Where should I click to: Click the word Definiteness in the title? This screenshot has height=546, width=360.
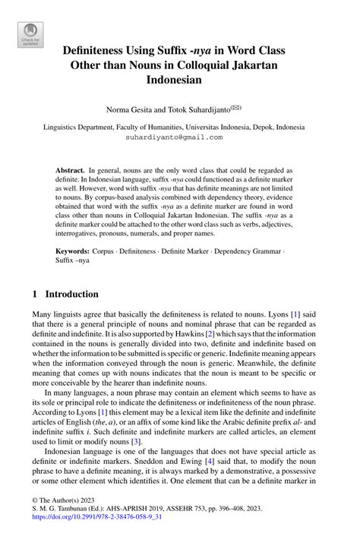[99, 51]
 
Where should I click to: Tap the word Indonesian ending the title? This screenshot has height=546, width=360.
[179, 80]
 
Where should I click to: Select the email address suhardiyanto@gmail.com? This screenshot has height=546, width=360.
[179, 137]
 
